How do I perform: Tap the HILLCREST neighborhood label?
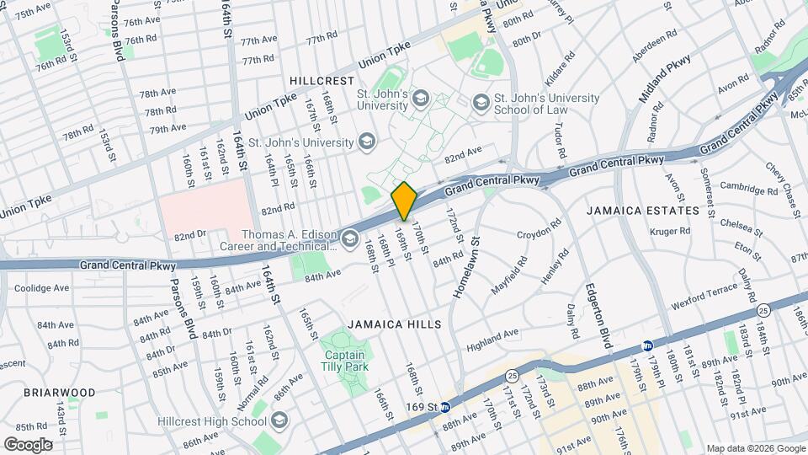(322, 81)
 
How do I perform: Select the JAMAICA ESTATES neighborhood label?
(643, 210)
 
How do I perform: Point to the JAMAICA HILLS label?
(394, 324)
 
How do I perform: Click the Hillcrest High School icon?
(279, 420)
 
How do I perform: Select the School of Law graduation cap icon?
(480, 103)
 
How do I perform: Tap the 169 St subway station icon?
(446, 407)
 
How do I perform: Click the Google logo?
(28, 444)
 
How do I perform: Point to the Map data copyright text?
(756, 448)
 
